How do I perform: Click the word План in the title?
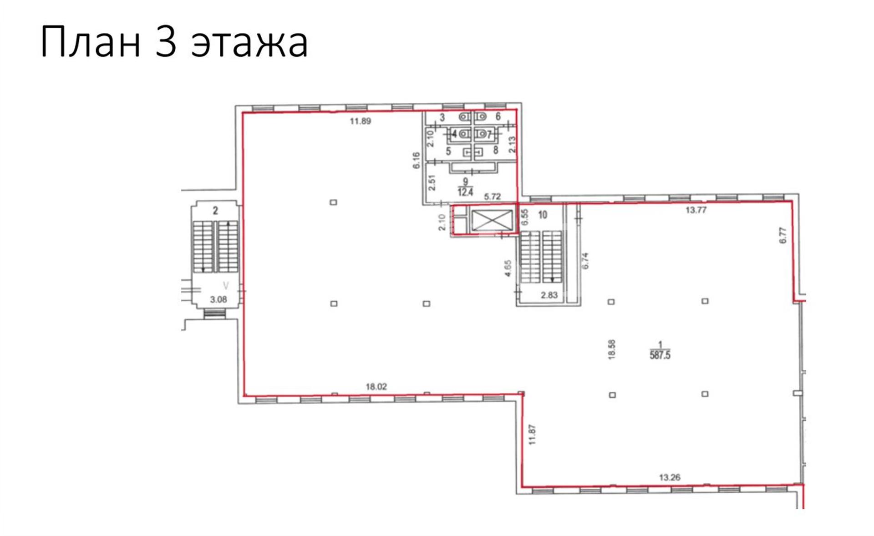(90, 42)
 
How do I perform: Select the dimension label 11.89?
(361, 121)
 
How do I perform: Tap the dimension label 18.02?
(376, 387)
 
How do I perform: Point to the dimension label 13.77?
(696, 210)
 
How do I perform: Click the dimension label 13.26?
(670, 477)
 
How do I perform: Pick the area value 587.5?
(660, 355)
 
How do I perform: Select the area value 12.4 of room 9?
(466, 192)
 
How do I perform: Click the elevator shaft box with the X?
(485, 220)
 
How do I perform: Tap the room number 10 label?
(542, 215)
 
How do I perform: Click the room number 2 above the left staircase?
(215, 211)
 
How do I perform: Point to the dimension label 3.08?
(218, 299)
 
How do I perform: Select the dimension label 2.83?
(549, 295)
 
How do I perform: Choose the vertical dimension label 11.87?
(533, 435)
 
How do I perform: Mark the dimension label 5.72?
(493, 197)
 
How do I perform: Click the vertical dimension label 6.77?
(783, 235)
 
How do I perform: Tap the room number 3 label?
(442, 118)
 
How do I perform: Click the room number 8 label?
(495, 150)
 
